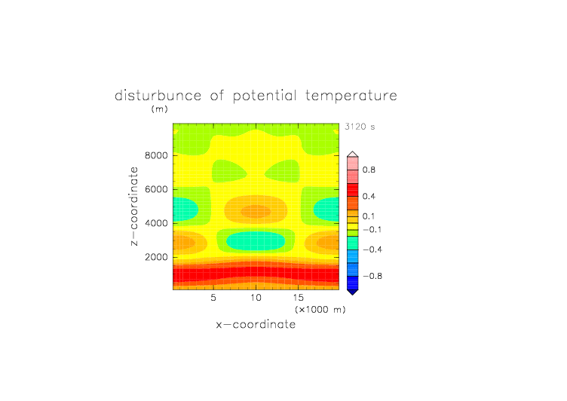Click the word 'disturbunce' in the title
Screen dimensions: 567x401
158,96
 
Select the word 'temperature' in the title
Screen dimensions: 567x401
351,96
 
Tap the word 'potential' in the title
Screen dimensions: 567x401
265,96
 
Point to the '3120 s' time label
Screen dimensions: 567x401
360,127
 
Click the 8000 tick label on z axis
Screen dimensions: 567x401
156,155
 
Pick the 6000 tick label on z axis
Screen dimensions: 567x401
156,189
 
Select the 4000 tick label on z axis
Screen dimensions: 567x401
156,223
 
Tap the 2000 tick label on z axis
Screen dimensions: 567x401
156,257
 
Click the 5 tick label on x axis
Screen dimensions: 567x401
213,298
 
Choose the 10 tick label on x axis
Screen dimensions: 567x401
256,298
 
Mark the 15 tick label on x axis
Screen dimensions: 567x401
299,298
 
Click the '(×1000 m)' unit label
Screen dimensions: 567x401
320,310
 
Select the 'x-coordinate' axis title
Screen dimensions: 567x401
256,324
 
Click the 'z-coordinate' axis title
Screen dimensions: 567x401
134,207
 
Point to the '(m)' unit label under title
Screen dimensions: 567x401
160,109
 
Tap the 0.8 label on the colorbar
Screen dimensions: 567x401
369,170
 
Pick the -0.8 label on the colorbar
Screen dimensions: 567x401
372,276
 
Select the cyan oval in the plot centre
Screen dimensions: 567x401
256,240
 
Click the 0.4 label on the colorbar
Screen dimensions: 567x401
369,196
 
